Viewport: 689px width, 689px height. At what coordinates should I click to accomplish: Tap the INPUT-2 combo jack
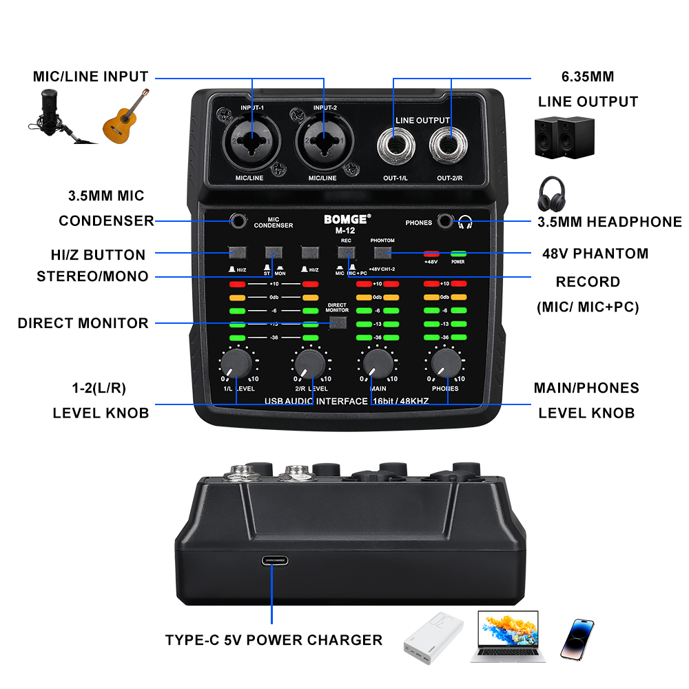325,141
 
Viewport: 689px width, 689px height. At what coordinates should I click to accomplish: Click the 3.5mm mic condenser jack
238,221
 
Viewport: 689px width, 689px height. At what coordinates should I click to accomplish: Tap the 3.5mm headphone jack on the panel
446,221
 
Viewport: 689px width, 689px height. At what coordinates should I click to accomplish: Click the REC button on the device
345,253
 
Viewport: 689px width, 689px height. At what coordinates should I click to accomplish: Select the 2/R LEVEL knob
309,363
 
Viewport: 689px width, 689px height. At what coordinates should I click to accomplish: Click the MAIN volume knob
378,363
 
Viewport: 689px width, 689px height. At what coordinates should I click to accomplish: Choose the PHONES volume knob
446,363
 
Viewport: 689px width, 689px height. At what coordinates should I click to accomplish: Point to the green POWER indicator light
458,254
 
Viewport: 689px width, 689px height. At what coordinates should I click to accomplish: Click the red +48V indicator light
431,254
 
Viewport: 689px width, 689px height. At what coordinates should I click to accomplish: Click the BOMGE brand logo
347,220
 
